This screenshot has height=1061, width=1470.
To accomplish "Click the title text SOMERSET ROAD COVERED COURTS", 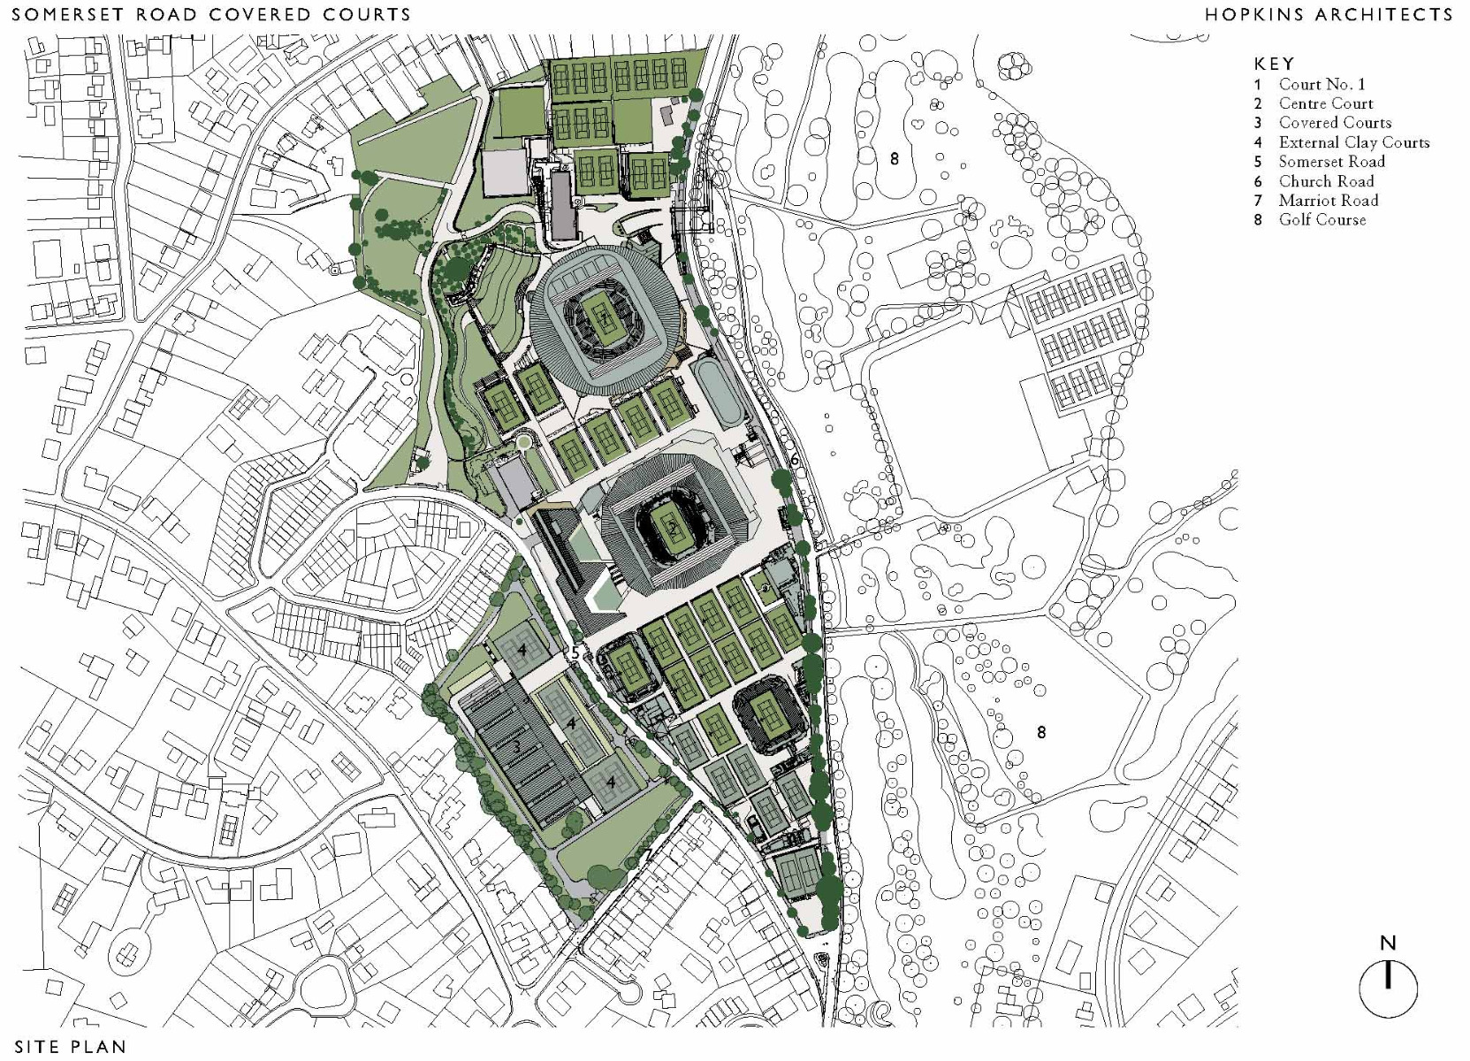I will (211, 15).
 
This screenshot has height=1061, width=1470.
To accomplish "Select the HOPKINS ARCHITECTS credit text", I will (1329, 14).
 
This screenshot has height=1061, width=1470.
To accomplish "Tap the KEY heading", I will (1274, 64).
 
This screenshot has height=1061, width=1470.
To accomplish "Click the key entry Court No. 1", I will (1321, 84).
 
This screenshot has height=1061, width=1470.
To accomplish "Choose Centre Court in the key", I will (1326, 103).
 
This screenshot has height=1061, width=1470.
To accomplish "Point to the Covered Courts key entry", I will (1335, 123).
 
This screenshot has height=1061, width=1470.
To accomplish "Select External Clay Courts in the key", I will (1353, 142).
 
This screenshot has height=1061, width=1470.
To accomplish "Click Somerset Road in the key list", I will (1331, 162).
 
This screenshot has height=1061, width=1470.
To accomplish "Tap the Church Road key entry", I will (1326, 181).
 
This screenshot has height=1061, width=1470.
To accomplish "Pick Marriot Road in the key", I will (1328, 201).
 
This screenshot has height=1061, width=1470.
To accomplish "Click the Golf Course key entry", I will (1321, 220).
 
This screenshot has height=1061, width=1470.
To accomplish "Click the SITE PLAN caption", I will (70, 1047).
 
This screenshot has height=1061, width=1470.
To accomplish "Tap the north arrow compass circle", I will (1388, 988).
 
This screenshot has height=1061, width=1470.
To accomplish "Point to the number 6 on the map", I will (795, 460).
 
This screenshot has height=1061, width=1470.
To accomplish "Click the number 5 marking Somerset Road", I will (575, 653).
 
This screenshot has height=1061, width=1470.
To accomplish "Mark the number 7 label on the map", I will (647, 855).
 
